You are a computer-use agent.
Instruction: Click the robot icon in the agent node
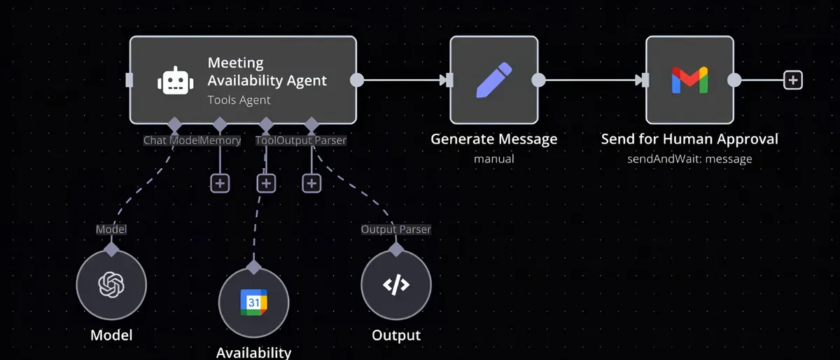[176, 81]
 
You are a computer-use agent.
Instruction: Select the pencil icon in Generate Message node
[494, 80]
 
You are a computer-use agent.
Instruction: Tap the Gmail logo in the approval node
[689, 80]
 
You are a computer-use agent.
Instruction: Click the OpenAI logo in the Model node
[111, 285]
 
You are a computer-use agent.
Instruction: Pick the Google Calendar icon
[254, 302]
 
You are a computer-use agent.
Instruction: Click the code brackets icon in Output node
[396, 285]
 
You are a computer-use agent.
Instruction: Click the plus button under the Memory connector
[220, 184]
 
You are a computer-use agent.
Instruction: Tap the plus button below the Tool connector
[266, 184]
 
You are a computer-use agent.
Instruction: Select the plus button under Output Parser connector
[311, 184]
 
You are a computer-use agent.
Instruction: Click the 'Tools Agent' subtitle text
[239, 100]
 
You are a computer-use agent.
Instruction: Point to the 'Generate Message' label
[494, 139]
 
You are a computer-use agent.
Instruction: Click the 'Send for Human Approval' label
[689, 139]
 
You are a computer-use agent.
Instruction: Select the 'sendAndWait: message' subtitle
[689, 159]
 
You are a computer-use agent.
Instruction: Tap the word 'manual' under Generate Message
[494, 159]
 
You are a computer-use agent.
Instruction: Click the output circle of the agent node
[356, 80]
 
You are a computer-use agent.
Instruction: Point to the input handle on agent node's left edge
[129, 80]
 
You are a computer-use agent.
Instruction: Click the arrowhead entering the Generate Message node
[443, 80]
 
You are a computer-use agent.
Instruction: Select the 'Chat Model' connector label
[171, 140]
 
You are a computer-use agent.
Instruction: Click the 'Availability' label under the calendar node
[254, 353]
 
